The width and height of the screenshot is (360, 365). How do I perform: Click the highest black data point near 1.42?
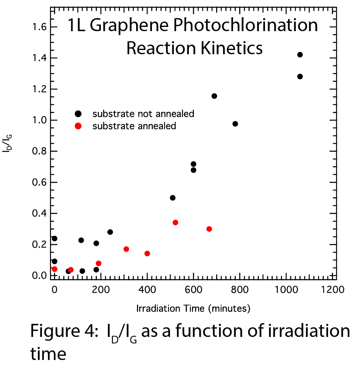click(300, 55)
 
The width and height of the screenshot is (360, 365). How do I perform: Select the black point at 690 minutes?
click(214, 96)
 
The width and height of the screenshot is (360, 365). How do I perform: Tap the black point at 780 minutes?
click(235, 124)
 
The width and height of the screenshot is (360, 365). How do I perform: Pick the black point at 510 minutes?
click(173, 198)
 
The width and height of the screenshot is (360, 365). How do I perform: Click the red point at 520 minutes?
click(175, 222)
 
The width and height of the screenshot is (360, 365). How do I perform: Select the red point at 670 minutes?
click(209, 229)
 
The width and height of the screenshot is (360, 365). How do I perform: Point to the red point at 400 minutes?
click(147, 253)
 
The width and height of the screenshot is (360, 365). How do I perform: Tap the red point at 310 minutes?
click(126, 249)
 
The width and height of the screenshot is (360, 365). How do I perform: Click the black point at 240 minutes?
click(110, 232)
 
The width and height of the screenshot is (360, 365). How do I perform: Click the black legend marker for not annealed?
click(78, 113)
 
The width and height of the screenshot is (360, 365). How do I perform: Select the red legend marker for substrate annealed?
click(78, 126)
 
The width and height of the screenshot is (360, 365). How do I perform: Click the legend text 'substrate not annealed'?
click(143, 113)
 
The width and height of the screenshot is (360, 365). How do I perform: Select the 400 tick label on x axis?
click(147, 290)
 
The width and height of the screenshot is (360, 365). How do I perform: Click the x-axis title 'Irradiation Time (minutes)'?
click(193, 308)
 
